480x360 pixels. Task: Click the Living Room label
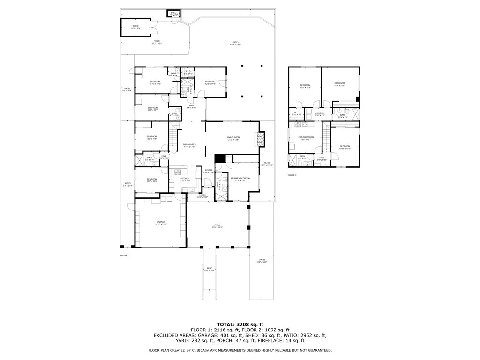coord(233,138)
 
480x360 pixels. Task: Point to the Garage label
coord(161,223)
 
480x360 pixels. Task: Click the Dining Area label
coord(189,145)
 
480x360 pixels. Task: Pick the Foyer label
coord(209,171)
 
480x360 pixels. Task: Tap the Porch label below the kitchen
coord(202,196)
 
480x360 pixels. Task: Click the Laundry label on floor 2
coord(319,113)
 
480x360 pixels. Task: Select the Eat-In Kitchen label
coord(306,138)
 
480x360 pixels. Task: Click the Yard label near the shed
coord(156,42)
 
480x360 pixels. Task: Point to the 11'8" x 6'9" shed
coord(136,27)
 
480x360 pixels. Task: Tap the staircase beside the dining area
coord(173,139)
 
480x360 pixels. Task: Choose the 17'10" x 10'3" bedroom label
coord(155,82)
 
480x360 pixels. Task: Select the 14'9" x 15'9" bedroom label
coord(339,84)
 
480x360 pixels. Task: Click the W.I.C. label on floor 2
coord(297,113)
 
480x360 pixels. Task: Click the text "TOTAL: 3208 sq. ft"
coord(240,324)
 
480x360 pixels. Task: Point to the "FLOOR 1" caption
coord(124,255)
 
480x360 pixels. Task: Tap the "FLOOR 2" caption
coord(292,175)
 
